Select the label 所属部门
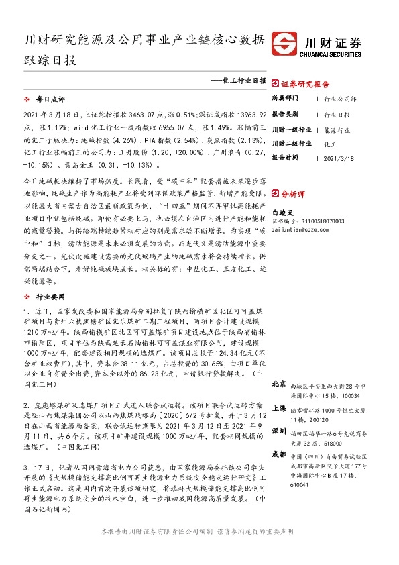(286, 99)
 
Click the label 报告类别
(286, 115)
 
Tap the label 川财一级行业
(291, 130)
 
